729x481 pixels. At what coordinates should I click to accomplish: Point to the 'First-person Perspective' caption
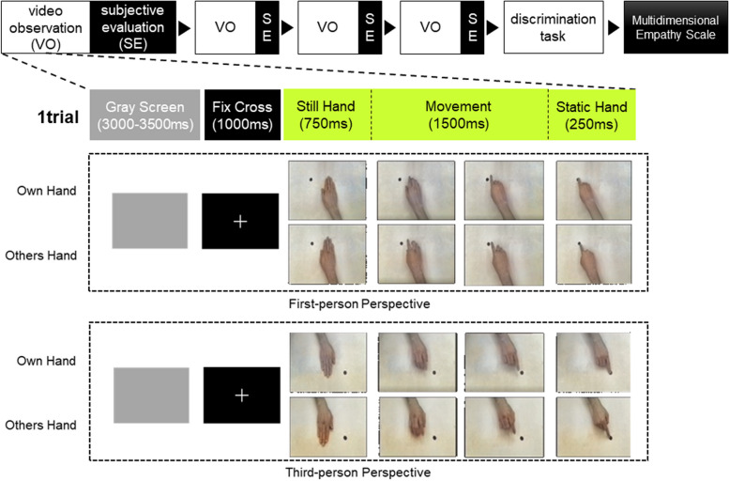tap(359, 303)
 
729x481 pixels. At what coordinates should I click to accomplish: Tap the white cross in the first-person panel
tap(240, 221)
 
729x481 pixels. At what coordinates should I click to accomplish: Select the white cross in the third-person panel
tap(241, 396)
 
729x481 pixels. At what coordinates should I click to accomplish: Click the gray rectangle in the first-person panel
tap(149, 221)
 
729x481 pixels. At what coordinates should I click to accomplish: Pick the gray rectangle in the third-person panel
tap(151, 396)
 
